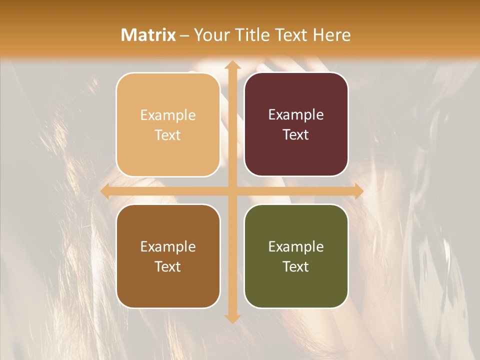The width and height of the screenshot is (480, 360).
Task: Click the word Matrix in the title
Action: pos(148,35)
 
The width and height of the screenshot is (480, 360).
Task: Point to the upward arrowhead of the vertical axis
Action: pos(232,65)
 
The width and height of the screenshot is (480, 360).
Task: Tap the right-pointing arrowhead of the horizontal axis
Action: pos(358,191)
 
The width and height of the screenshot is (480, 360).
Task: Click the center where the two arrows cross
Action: pos(232,191)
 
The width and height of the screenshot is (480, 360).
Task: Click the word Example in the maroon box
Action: pos(296,114)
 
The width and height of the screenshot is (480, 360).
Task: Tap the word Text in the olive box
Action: pos(296,266)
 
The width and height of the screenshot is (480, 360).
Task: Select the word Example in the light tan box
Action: pos(168,115)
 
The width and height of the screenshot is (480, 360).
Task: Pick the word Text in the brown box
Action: pos(168,266)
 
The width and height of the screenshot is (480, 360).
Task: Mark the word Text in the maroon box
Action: pos(296,134)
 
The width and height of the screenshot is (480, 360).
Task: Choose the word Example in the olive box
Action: pos(296,246)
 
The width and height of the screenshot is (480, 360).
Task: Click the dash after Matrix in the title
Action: pos(184,35)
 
